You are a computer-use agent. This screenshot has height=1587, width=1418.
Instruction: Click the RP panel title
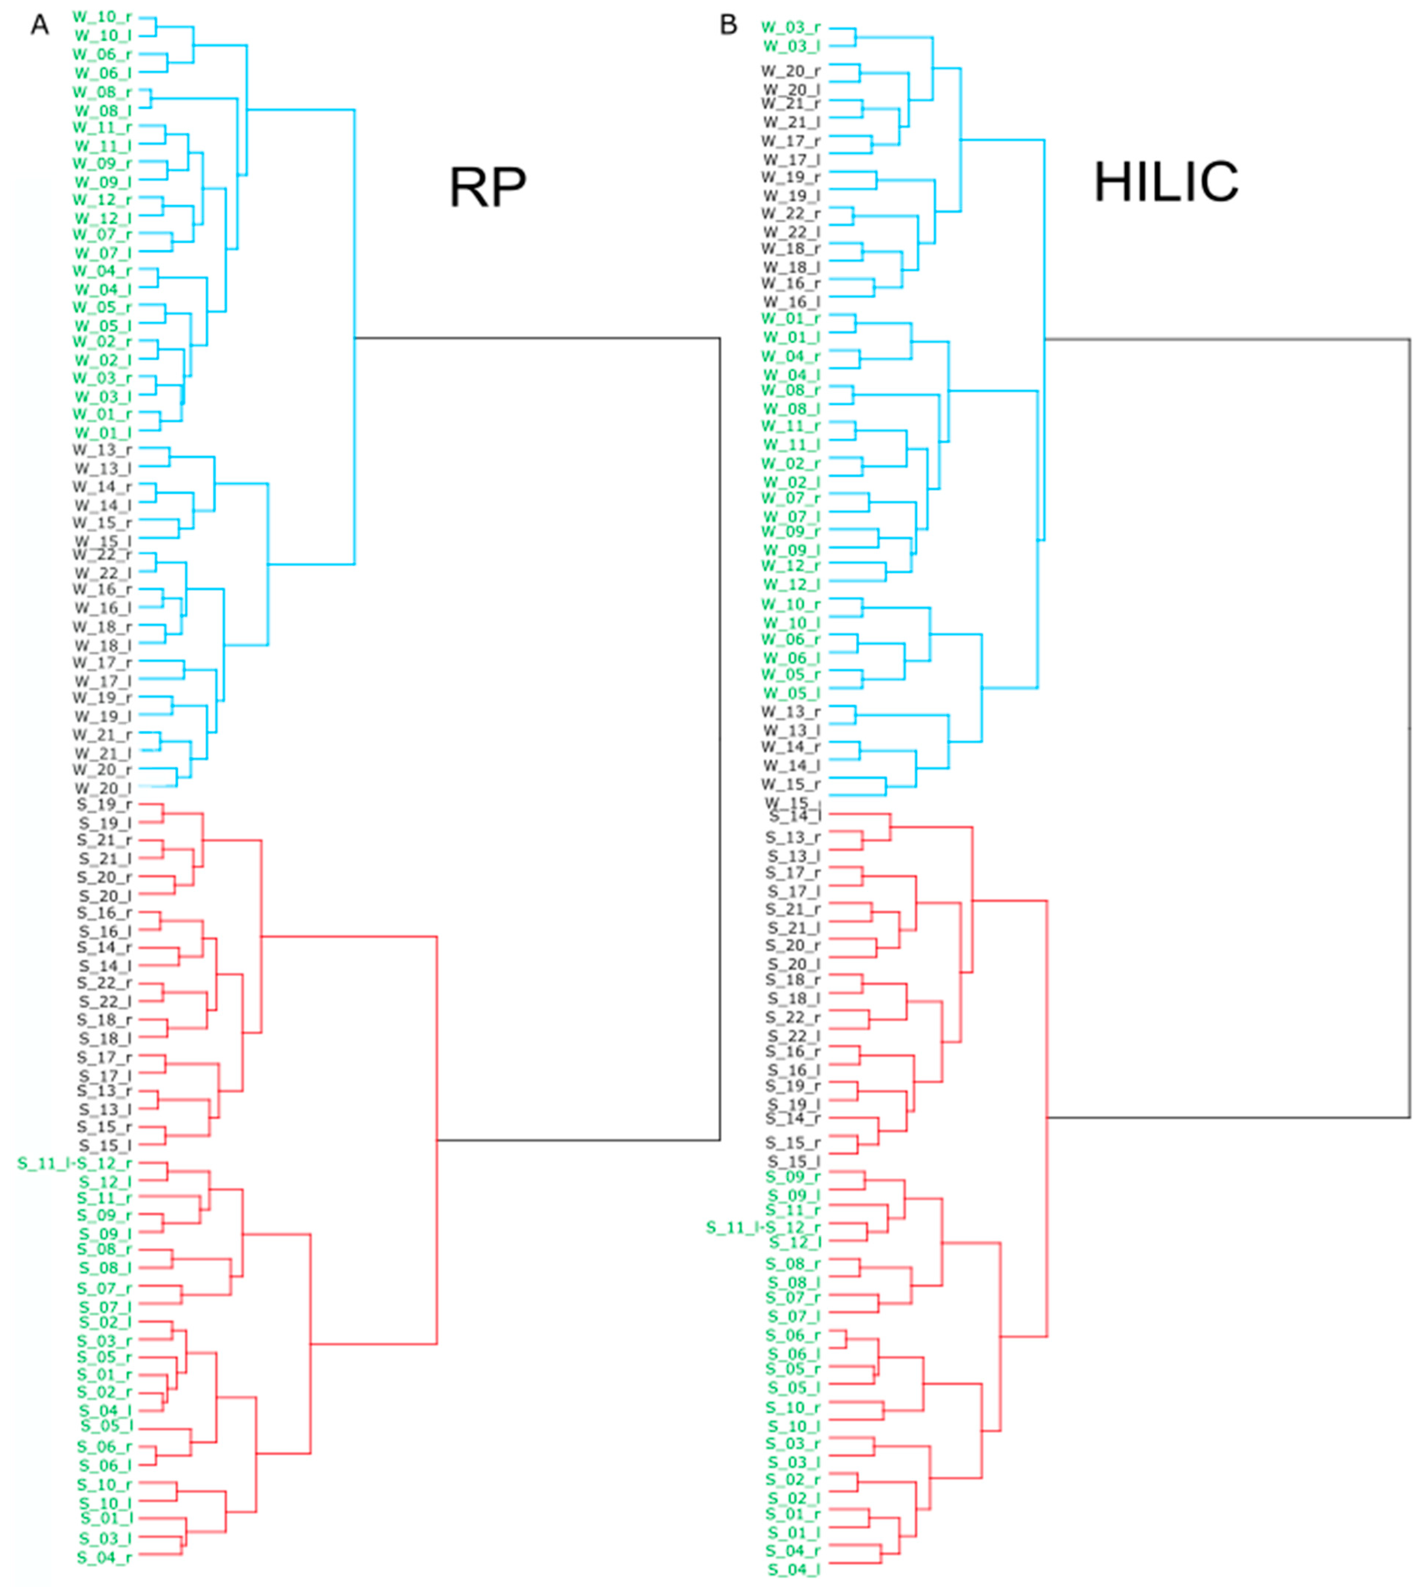pyautogui.click(x=488, y=187)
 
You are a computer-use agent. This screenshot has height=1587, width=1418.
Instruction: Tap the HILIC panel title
pyautogui.click(x=1166, y=182)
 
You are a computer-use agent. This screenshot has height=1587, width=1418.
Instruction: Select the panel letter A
pyautogui.click(x=40, y=26)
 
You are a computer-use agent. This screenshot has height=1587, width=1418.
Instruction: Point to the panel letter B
pyautogui.click(x=728, y=26)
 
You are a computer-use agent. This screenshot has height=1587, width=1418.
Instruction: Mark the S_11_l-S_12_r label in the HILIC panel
pyautogui.click(x=764, y=1228)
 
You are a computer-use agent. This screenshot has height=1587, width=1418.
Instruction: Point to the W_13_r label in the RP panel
pyautogui.click(x=102, y=450)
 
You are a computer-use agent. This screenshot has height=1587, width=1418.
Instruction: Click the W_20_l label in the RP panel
pyautogui.click(x=102, y=788)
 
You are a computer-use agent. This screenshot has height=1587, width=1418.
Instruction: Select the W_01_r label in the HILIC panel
pyautogui.click(x=791, y=318)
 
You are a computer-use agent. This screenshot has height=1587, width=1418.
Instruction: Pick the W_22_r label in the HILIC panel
pyautogui.click(x=791, y=213)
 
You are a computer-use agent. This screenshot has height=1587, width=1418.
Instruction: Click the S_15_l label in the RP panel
pyautogui.click(x=104, y=1145)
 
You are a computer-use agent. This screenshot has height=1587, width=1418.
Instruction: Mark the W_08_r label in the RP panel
pyautogui.click(x=102, y=92)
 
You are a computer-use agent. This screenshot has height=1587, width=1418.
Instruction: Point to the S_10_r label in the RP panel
pyautogui.click(x=104, y=1485)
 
